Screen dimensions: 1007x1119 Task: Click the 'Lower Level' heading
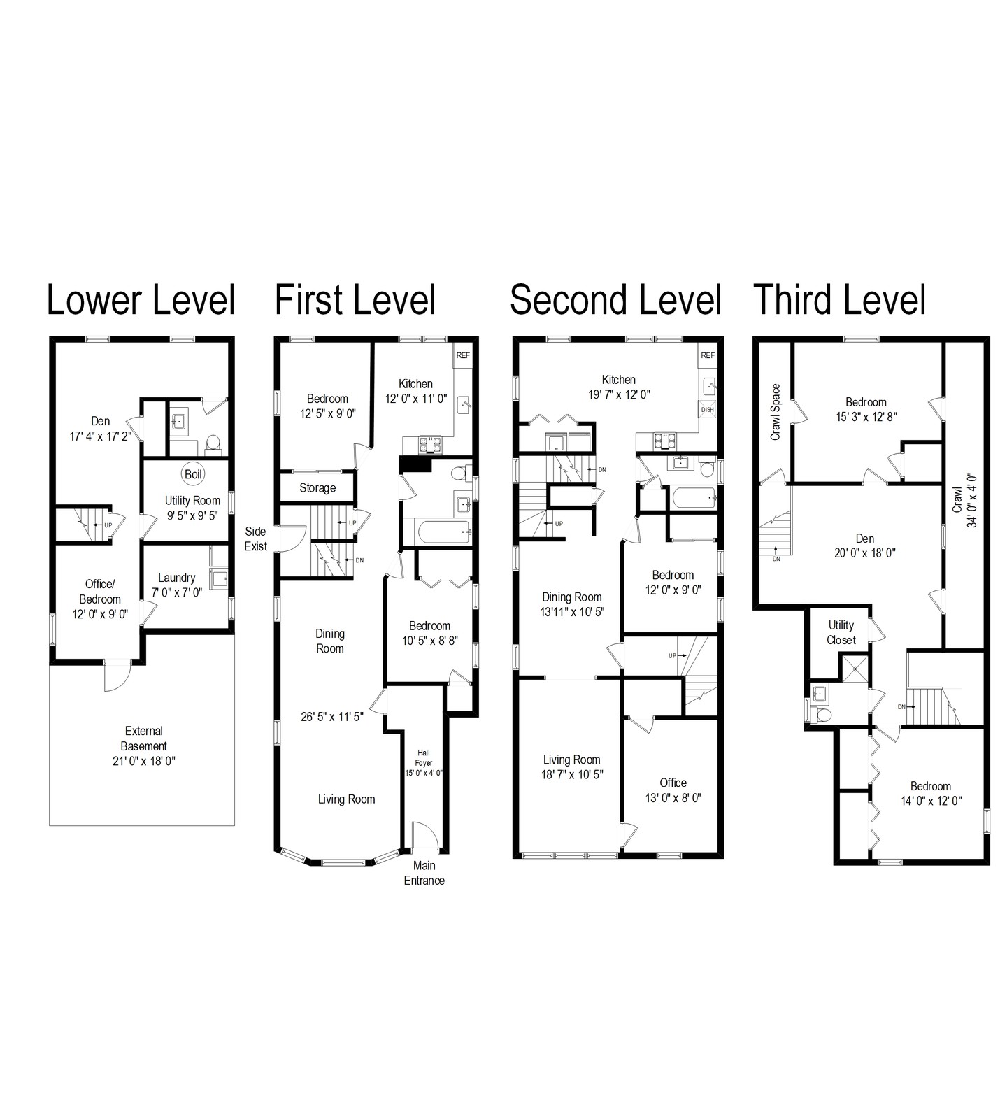click(x=141, y=300)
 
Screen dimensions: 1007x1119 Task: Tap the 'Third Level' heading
click(x=839, y=300)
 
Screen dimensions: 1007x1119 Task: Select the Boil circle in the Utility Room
click(x=193, y=474)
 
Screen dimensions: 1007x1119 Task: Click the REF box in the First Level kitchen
click(x=463, y=355)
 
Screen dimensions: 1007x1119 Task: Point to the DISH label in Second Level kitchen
click(x=708, y=410)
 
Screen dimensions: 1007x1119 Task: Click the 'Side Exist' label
click(x=255, y=539)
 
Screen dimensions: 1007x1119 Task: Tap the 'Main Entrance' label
click(x=424, y=873)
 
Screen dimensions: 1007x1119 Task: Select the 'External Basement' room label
click(x=144, y=739)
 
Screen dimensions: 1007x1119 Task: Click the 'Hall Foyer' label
click(x=424, y=758)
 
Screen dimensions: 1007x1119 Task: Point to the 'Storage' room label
click(x=317, y=488)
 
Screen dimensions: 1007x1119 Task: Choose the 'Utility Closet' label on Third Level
click(x=841, y=632)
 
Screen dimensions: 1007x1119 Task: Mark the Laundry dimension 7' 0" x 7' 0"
click(x=177, y=592)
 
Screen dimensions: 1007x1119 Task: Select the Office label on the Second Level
click(x=673, y=783)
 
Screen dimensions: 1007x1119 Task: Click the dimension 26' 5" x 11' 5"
click(x=332, y=716)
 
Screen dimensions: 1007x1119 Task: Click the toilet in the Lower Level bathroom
click(x=213, y=443)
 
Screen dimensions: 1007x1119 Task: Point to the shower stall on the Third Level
click(x=855, y=667)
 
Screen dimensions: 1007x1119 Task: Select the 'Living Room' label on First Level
click(x=346, y=799)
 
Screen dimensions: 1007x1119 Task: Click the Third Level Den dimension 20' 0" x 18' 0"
click(x=865, y=553)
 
